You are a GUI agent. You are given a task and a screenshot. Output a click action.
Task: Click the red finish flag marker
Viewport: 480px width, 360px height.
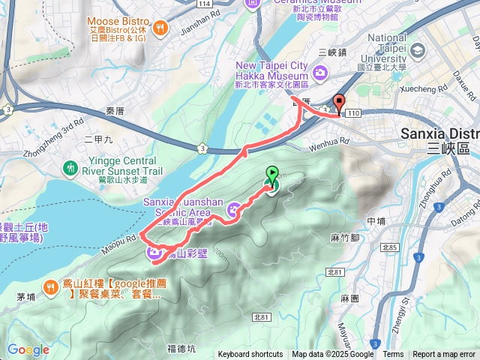point(338,104)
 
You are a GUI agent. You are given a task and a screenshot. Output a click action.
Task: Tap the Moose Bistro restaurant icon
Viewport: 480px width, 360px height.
point(159,28)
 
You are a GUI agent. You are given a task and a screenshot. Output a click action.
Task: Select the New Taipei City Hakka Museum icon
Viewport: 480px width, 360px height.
point(321,72)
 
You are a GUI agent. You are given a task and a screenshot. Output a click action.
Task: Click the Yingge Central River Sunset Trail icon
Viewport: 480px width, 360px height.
point(70,166)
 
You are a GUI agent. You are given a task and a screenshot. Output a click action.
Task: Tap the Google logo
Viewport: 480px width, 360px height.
point(28,349)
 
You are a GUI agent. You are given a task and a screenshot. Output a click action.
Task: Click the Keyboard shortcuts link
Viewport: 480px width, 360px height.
point(250,355)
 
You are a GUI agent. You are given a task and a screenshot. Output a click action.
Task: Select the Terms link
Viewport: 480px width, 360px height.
point(393,355)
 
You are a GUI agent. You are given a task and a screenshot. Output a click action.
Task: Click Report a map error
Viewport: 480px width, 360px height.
point(444,355)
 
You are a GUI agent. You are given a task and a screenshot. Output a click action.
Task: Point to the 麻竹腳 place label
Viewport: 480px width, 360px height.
point(345,237)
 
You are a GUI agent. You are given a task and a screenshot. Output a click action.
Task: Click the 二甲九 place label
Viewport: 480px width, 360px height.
point(98,139)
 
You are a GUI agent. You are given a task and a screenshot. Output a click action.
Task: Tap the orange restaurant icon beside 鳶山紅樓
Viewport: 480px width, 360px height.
point(51,285)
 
